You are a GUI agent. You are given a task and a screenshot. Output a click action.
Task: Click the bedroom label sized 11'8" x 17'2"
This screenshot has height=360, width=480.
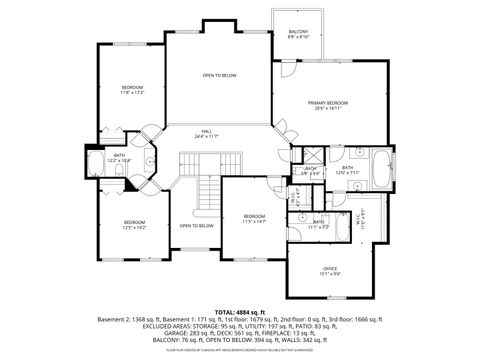133,89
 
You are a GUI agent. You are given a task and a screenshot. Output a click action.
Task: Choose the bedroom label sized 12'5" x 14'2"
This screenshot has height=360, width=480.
134,224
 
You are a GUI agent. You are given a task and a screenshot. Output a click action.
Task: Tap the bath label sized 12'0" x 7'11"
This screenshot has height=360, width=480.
346,169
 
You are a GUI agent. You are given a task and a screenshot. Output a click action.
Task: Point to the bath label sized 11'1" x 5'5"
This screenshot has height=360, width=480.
319,224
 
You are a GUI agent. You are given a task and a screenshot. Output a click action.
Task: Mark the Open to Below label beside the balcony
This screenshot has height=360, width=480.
219,75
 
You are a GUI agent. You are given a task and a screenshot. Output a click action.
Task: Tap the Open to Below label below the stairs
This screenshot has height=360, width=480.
196,226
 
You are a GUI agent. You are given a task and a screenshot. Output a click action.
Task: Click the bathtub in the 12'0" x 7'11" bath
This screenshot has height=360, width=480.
380,169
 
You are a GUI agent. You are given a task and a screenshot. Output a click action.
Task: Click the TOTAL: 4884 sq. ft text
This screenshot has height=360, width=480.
239,311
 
